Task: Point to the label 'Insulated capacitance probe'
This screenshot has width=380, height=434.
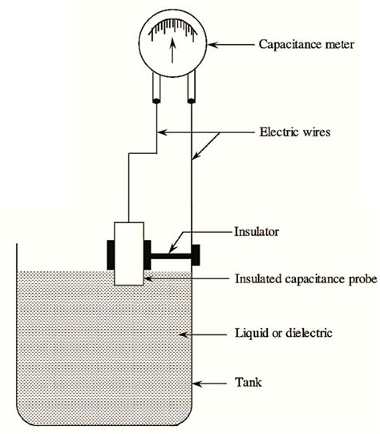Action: point(304,279)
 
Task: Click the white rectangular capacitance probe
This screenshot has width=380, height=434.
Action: point(129,253)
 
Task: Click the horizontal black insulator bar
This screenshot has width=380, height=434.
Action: point(168,258)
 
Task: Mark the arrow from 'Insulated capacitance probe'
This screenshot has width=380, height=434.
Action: point(184,279)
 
